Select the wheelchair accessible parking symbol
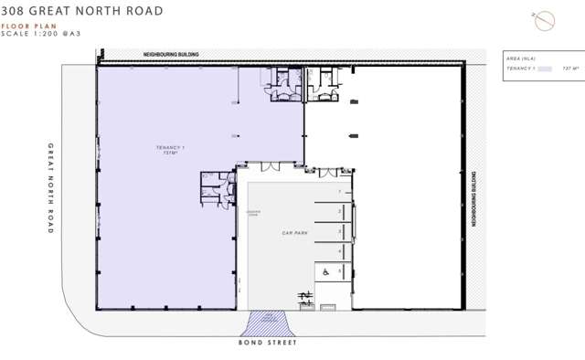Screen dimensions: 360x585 pos(324,270)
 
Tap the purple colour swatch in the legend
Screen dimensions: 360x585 pos(546,68)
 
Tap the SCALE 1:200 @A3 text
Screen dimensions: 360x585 pos(39,36)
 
